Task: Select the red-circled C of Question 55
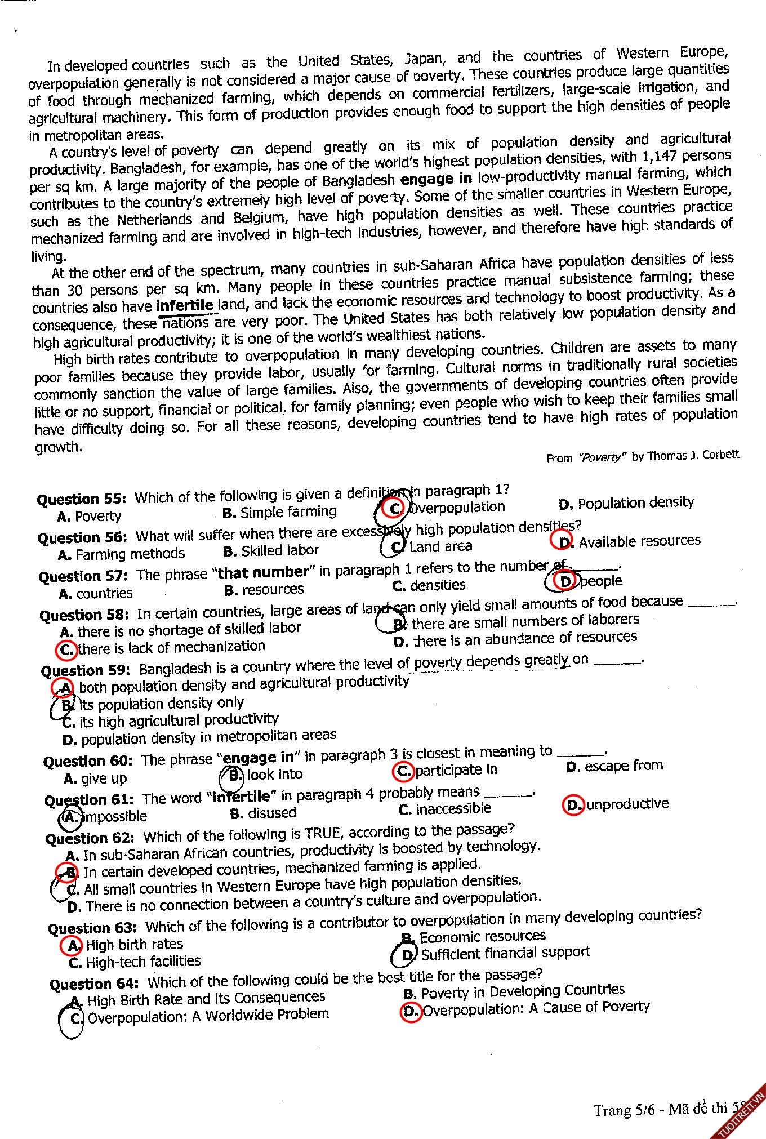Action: click(394, 509)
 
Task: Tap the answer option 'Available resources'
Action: click(639, 541)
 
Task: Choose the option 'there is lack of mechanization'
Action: click(171, 647)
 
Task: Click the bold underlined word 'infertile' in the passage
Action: click(185, 306)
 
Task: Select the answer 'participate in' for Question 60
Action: click(456, 769)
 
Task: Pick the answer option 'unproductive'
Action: click(627, 804)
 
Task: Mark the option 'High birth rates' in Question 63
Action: click(134, 944)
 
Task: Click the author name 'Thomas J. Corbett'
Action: click(693, 455)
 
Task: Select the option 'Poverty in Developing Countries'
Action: click(522, 991)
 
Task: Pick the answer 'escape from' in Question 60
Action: click(623, 766)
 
